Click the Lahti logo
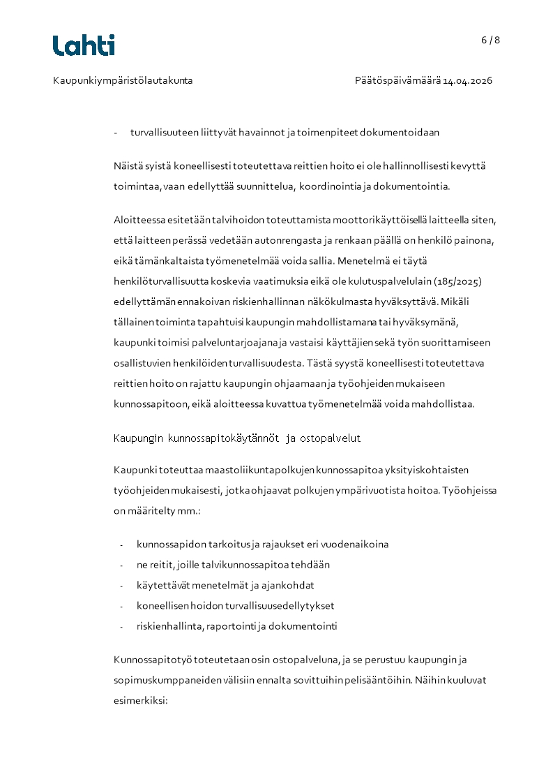point(84,45)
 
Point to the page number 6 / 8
point(490,40)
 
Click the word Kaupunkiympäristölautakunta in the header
point(123,80)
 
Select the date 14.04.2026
point(468,80)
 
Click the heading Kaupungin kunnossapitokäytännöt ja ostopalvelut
point(236,438)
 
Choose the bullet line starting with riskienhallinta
point(236,626)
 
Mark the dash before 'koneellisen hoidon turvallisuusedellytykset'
point(121,606)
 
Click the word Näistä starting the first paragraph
point(128,165)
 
